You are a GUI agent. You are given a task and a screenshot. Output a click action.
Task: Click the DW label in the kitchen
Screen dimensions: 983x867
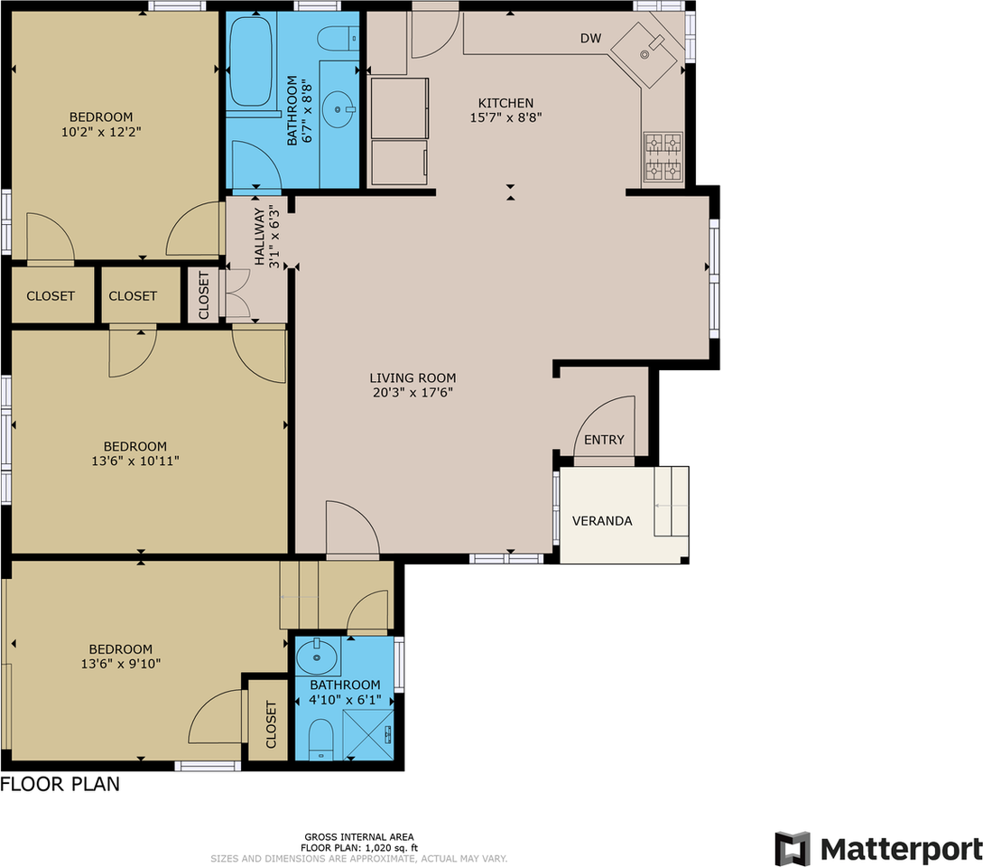590,38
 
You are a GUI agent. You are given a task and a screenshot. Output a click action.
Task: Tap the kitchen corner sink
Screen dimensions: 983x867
644,55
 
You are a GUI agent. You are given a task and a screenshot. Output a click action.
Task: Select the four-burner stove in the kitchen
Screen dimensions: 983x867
663,157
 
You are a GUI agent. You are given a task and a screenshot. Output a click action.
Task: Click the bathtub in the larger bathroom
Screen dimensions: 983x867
251,61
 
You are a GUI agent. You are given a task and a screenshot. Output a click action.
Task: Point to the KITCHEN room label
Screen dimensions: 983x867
505,103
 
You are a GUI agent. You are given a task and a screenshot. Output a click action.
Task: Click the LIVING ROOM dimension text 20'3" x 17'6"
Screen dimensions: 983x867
413,393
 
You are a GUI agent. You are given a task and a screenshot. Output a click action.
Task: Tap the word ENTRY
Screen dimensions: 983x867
604,440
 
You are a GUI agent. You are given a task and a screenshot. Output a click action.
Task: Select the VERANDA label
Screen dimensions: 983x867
602,521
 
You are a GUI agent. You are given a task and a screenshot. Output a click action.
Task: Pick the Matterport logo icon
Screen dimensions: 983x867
793,849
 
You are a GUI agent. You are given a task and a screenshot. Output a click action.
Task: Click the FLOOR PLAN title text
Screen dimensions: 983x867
60,784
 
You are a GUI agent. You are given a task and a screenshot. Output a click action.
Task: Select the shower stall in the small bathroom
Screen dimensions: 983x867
368,734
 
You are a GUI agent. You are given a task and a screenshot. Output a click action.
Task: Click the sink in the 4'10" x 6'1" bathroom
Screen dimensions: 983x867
317,657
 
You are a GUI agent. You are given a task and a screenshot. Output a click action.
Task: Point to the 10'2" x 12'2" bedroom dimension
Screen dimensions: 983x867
101,132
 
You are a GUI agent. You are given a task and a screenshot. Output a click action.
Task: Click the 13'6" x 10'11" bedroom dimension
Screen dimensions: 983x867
135,461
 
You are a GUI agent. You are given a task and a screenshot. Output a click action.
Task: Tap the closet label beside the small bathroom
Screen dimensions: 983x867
271,724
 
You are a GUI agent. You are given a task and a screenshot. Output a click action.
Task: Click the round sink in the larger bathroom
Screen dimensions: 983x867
338,110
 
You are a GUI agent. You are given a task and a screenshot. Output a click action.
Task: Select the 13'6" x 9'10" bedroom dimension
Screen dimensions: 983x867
121,664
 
